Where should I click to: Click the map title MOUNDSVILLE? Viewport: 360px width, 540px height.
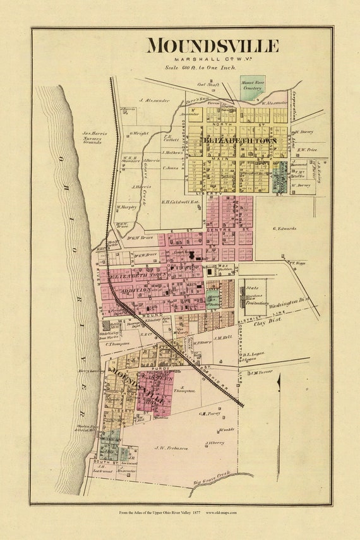point(212,46)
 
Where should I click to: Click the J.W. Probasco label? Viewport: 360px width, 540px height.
point(172,448)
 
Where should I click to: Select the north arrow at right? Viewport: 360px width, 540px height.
point(279,392)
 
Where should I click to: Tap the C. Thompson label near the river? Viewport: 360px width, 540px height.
point(117,344)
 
